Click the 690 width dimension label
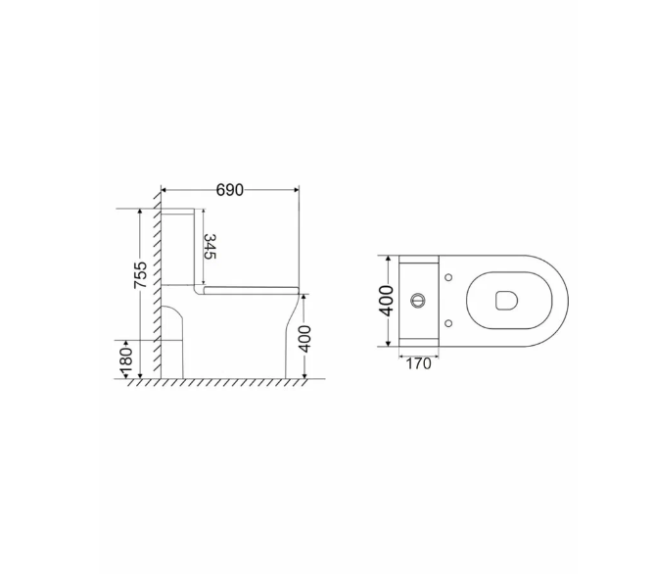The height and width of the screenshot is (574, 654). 229,190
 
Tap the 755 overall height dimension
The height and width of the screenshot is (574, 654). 141,274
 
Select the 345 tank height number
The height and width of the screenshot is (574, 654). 210,247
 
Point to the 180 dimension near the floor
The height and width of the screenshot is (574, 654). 125,360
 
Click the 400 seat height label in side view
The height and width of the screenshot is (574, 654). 305,339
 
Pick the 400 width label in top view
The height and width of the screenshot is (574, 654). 386,301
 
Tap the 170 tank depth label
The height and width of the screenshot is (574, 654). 418,363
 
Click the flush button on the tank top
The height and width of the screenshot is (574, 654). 417,301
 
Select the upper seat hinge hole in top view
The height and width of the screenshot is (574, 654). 448,277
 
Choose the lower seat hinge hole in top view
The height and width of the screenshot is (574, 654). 448,323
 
